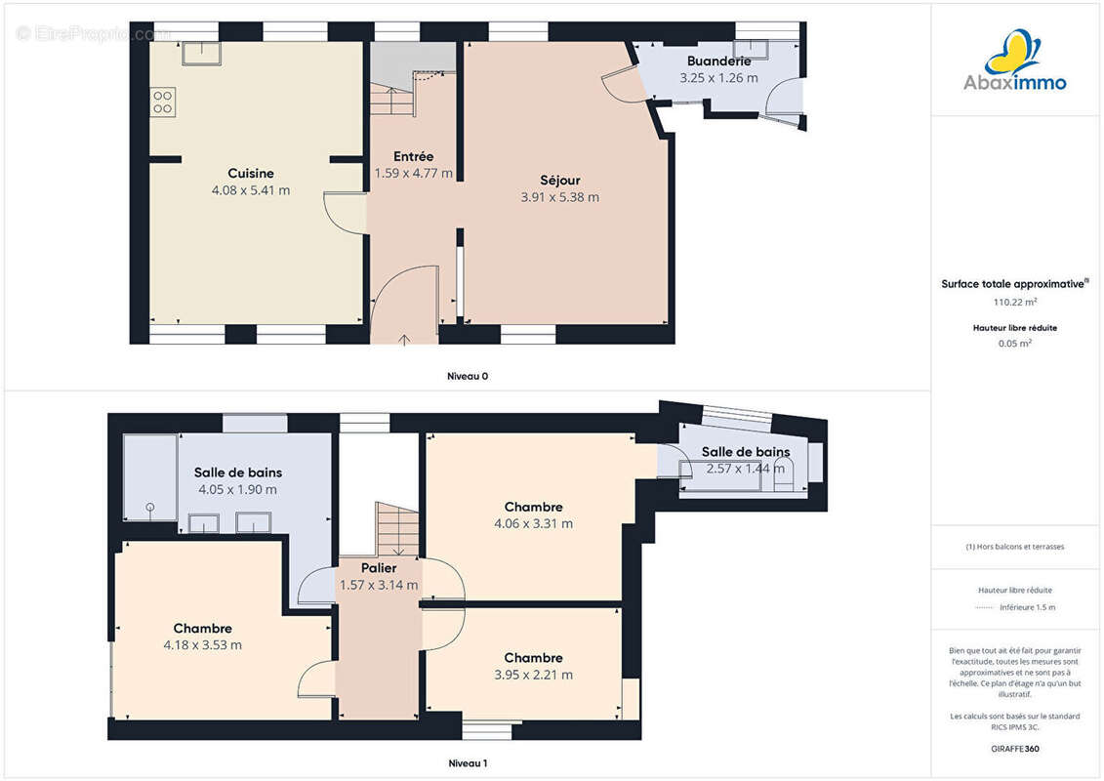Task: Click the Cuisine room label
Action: click(251, 173)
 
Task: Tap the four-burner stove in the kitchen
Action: click(163, 103)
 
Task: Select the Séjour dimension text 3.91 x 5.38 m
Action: click(559, 198)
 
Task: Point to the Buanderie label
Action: click(718, 62)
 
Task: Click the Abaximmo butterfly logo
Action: click(1014, 52)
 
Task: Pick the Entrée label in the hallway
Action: click(413, 156)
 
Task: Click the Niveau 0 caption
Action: click(468, 376)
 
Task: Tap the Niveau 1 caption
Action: click(468, 763)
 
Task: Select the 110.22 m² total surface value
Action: click(1014, 302)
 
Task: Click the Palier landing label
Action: click(379, 567)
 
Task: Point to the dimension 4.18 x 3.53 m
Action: click(203, 645)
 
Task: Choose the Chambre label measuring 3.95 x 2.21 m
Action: click(533, 658)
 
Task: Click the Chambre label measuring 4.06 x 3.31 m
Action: click(533, 507)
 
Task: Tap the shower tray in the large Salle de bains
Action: click(150, 477)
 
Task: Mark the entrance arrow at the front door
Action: click(404, 340)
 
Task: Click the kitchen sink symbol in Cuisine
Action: click(201, 54)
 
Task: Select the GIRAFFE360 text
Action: click(1014, 749)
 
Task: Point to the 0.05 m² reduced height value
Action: click(1014, 344)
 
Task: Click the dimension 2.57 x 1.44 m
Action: click(746, 469)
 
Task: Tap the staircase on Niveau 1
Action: click(398, 529)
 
